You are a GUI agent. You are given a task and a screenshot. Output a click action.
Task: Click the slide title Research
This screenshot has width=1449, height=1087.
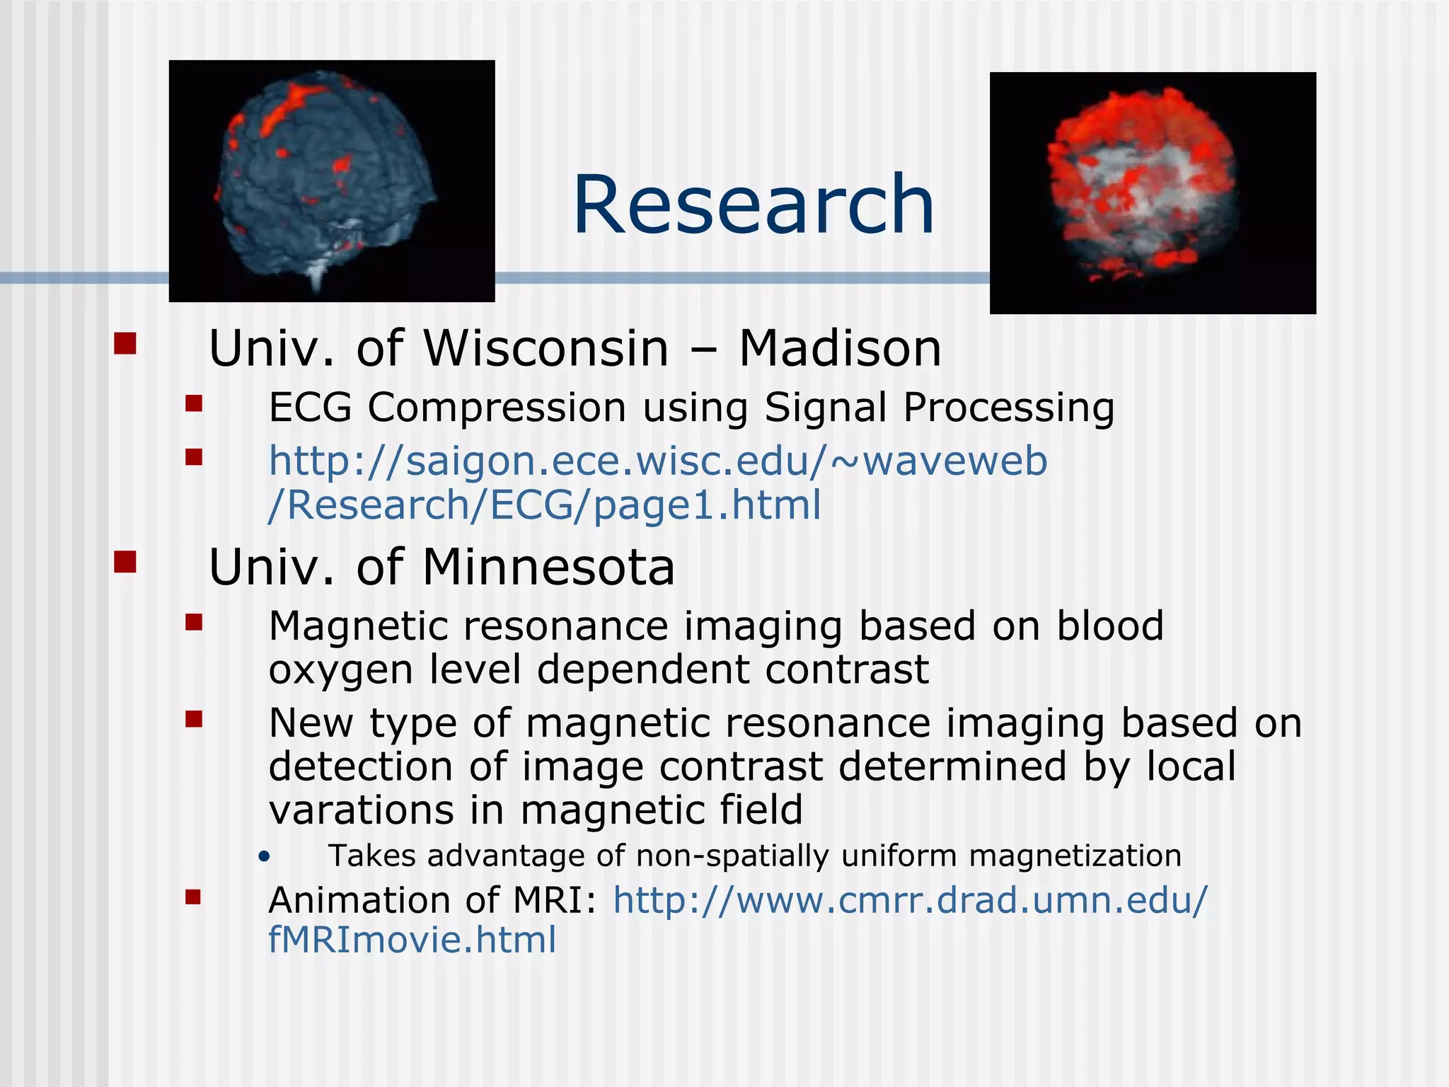(754, 205)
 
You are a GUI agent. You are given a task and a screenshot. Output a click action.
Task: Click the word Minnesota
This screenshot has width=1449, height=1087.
(548, 568)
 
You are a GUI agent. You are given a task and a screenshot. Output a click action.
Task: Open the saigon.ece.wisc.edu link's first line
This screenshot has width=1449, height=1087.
(657, 461)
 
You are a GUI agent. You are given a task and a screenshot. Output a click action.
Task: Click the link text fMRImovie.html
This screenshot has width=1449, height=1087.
(412, 940)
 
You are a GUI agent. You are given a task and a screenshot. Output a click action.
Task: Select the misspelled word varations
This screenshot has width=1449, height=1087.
(361, 810)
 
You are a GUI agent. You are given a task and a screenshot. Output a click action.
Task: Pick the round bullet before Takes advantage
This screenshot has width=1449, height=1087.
(265, 857)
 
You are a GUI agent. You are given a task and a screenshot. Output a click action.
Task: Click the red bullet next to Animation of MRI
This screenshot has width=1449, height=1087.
(193, 897)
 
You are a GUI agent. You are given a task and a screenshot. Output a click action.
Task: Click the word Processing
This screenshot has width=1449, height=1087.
(1008, 408)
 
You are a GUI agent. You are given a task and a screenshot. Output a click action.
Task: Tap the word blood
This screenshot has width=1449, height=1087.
(1109, 626)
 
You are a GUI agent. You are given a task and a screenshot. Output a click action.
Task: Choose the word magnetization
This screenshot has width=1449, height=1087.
(1075, 856)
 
